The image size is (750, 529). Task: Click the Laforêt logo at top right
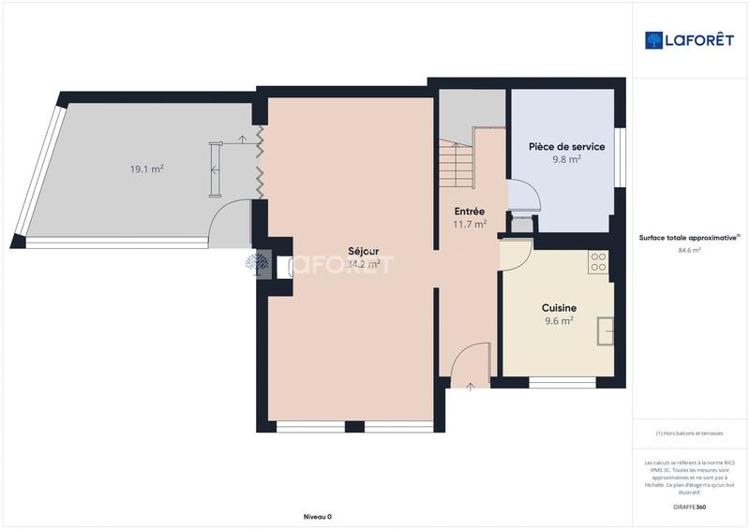click(x=689, y=40)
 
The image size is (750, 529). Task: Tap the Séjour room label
click(x=364, y=250)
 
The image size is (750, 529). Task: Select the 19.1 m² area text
click(x=147, y=169)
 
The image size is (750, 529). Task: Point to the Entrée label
click(x=469, y=212)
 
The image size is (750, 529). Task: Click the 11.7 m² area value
click(x=469, y=225)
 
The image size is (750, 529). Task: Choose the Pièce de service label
click(x=566, y=147)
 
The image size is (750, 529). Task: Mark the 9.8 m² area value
click(x=566, y=159)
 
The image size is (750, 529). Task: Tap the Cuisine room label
click(x=559, y=307)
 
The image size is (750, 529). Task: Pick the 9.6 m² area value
click(x=559, y=320)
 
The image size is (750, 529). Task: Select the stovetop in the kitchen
click(x=598, y=262)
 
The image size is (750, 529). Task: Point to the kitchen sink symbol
click(x=607, y=330)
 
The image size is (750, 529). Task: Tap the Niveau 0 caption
click(x=318, y=517)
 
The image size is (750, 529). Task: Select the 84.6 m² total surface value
click(x=689, y=251)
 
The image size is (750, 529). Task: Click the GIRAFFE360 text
click(x=689, y=507)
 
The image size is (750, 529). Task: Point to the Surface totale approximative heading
click(x=689, y=238)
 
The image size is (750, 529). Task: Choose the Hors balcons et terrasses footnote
click(x=689, y=433)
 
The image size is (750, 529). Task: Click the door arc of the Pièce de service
click(x=526, y=195)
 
